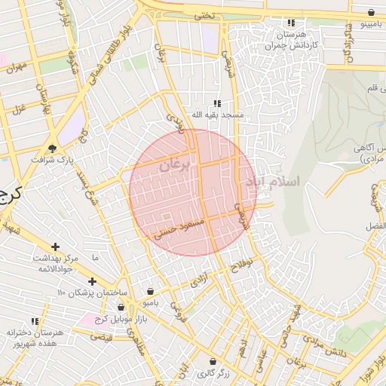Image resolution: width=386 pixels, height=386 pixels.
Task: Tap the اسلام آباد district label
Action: tap(273, 182)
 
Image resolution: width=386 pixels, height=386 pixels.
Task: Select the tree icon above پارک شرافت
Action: tap(52, 148)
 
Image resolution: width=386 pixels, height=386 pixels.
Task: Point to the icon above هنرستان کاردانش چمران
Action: tap(291, 23)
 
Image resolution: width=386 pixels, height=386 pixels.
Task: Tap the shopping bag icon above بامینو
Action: tap(372, 13)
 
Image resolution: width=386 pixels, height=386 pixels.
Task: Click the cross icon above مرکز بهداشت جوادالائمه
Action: tap(55, 247)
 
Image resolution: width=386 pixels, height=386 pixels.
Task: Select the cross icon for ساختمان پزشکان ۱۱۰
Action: tap(92, 281)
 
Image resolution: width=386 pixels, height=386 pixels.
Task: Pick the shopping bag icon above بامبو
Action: tap(151, 291)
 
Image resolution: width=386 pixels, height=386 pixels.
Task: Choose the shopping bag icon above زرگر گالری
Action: tap(213, 362)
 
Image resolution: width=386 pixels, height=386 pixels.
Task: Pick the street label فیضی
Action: tap(102, 337)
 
